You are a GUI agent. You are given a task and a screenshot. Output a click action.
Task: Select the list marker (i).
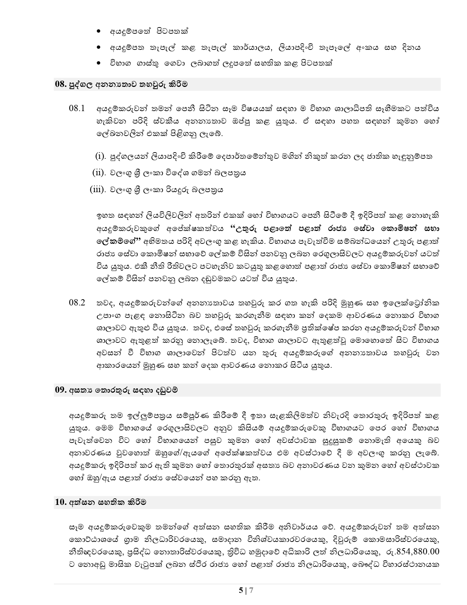point(100,156)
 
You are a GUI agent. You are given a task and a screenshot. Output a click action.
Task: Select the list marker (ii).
point(99,173)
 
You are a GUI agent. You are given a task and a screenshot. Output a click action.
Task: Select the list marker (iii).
point(98,190)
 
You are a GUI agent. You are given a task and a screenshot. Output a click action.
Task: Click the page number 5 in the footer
point(241,590)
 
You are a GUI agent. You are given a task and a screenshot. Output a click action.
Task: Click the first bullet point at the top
point(98,32)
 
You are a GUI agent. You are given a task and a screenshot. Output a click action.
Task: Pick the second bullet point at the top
point(98,48)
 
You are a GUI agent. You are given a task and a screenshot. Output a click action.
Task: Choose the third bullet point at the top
point(98,63)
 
